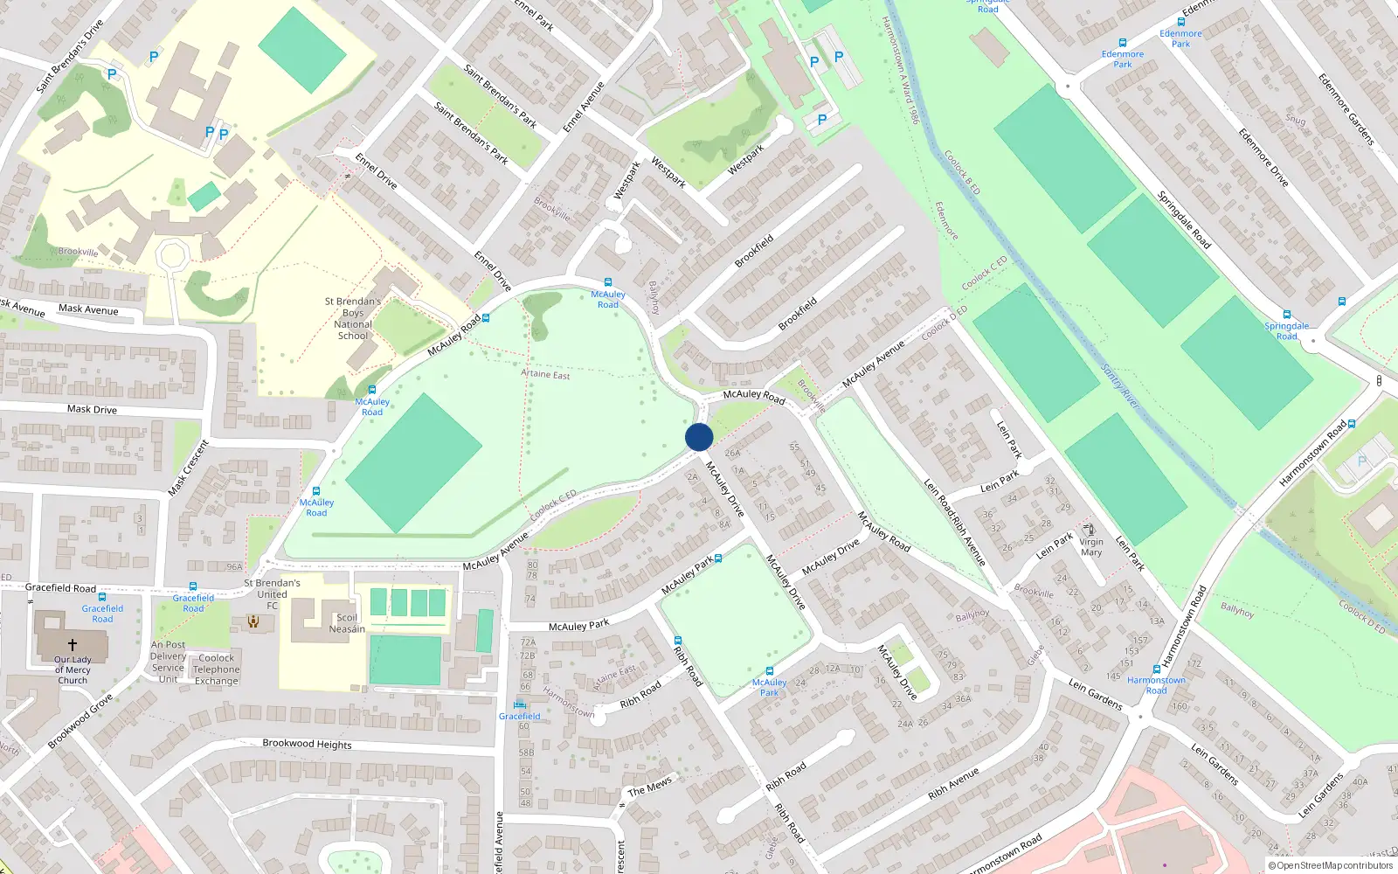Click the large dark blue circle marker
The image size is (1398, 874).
click(x=699, y=437)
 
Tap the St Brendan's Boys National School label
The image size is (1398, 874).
click(x=353, y=318)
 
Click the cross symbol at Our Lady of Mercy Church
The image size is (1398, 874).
click(x=73, y=644)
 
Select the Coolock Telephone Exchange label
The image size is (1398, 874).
click(x=217, y=669)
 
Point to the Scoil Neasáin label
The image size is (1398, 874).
click(x=347, y=623)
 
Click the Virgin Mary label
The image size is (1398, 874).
click(x=1091, y=546)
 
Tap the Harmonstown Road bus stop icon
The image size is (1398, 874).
click(x=1158, y=670)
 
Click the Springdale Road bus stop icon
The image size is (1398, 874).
click(x=1287, y=315)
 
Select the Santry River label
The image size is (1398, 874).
click(x=1120, y=386)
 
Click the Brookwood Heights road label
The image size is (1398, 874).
click(x=307, y=744)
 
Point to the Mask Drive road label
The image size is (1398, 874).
click(x=92, y=409)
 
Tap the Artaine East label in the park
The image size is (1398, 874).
click(x=545, y=374)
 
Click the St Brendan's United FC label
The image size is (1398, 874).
click(x=272, y=593)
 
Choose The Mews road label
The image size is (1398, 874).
click(x=650, y=787)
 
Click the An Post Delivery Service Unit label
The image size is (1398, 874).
click(x=168, y=662)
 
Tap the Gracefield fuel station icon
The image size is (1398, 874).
click(x=520, y=704)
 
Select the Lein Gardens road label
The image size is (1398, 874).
click(x=1095, y=694)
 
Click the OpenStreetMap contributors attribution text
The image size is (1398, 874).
click(x=1330, y=865)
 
